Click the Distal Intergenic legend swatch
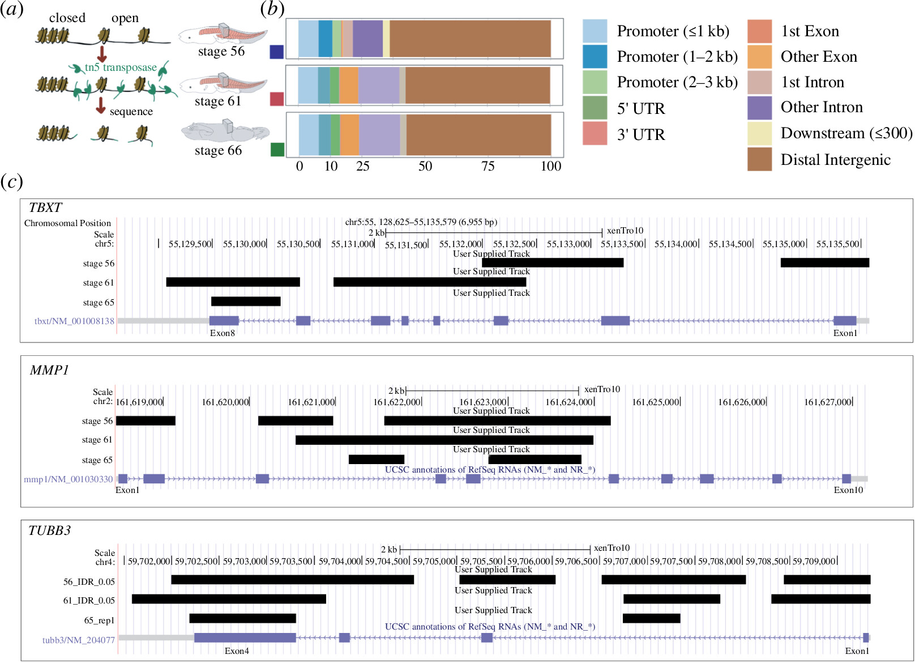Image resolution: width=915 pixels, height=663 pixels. coord(759,159)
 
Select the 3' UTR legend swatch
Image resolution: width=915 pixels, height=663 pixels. coord(595,134)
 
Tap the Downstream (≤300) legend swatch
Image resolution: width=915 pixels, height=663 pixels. coord(759,133)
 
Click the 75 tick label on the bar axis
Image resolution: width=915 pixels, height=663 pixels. coord(488,166)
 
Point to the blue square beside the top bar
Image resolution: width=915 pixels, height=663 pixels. coord(276,52)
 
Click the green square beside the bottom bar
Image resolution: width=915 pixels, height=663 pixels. coord(277,150)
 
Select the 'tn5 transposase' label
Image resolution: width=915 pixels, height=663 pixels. coord(121,67)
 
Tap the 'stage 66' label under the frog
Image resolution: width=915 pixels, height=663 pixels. coord(218,151)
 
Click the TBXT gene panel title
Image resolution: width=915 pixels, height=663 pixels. coord(45,207)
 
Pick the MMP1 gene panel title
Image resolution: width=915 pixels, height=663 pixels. coord(49,370)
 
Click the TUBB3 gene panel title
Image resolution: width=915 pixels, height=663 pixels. coord(50,530)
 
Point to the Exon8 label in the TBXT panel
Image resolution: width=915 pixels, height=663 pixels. coord(222,333)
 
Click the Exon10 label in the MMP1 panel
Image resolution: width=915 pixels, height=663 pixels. coord(848,490)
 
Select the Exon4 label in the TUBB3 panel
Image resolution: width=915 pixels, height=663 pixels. coord(237,651)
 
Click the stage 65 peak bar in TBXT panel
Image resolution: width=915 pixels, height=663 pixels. coord(246,301)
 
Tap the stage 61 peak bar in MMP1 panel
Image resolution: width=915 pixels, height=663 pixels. coord(444,440)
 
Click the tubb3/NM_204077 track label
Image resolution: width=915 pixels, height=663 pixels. coord(79,640)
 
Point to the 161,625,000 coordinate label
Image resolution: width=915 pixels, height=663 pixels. coord(656,402)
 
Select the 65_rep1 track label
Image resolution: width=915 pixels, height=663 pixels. coord(99,620)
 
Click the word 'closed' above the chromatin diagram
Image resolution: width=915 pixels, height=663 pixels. coord(67,18)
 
